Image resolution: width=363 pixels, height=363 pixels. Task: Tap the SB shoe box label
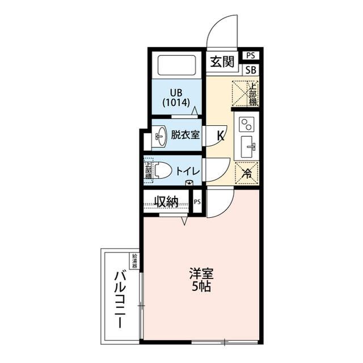coord(250,70)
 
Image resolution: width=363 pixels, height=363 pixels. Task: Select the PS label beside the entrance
coord(250,56)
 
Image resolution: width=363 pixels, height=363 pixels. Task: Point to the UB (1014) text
coord(176,98)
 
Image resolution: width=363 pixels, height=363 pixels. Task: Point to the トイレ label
coord(187,171)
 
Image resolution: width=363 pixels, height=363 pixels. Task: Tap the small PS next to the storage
coord(197,201)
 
